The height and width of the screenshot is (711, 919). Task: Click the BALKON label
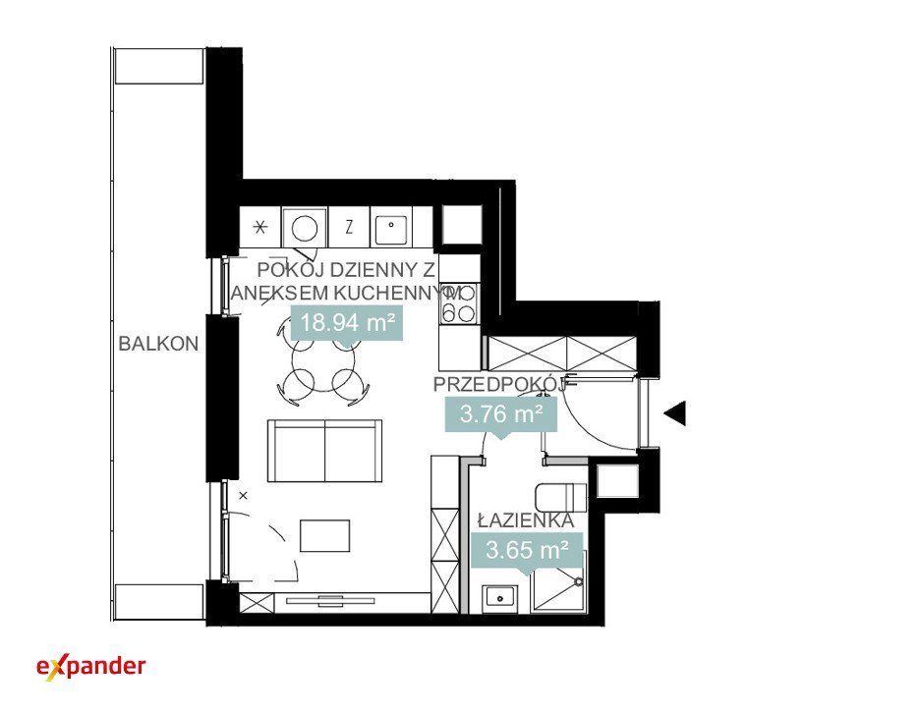[x=158, y=344]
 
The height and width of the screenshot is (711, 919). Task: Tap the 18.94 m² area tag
[x=346, y=323]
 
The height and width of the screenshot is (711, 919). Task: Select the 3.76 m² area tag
[x=500, y=414]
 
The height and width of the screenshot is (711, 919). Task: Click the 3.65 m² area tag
[x=527, y=550]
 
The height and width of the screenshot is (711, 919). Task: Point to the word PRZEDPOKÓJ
[x=499, y=384]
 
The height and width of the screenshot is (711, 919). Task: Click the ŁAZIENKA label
[x=525, y=520]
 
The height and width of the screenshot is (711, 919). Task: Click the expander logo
[x=90, y=667]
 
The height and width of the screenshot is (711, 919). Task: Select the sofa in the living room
[x=324, y=451]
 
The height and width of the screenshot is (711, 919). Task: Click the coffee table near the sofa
[x=324, y=536]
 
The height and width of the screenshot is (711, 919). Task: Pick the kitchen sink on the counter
[x=391, y=227]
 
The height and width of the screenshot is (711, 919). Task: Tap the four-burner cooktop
[x=459, y=304]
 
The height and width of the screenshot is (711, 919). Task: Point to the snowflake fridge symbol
[x=260, y=227]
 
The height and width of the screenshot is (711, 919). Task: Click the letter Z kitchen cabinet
[x=349, y=227]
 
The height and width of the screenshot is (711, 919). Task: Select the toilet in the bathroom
[x=561, y=498]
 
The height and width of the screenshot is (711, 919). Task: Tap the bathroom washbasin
[x=499, y=598]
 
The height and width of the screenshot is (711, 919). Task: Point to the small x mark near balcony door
[x=243, y=496]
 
